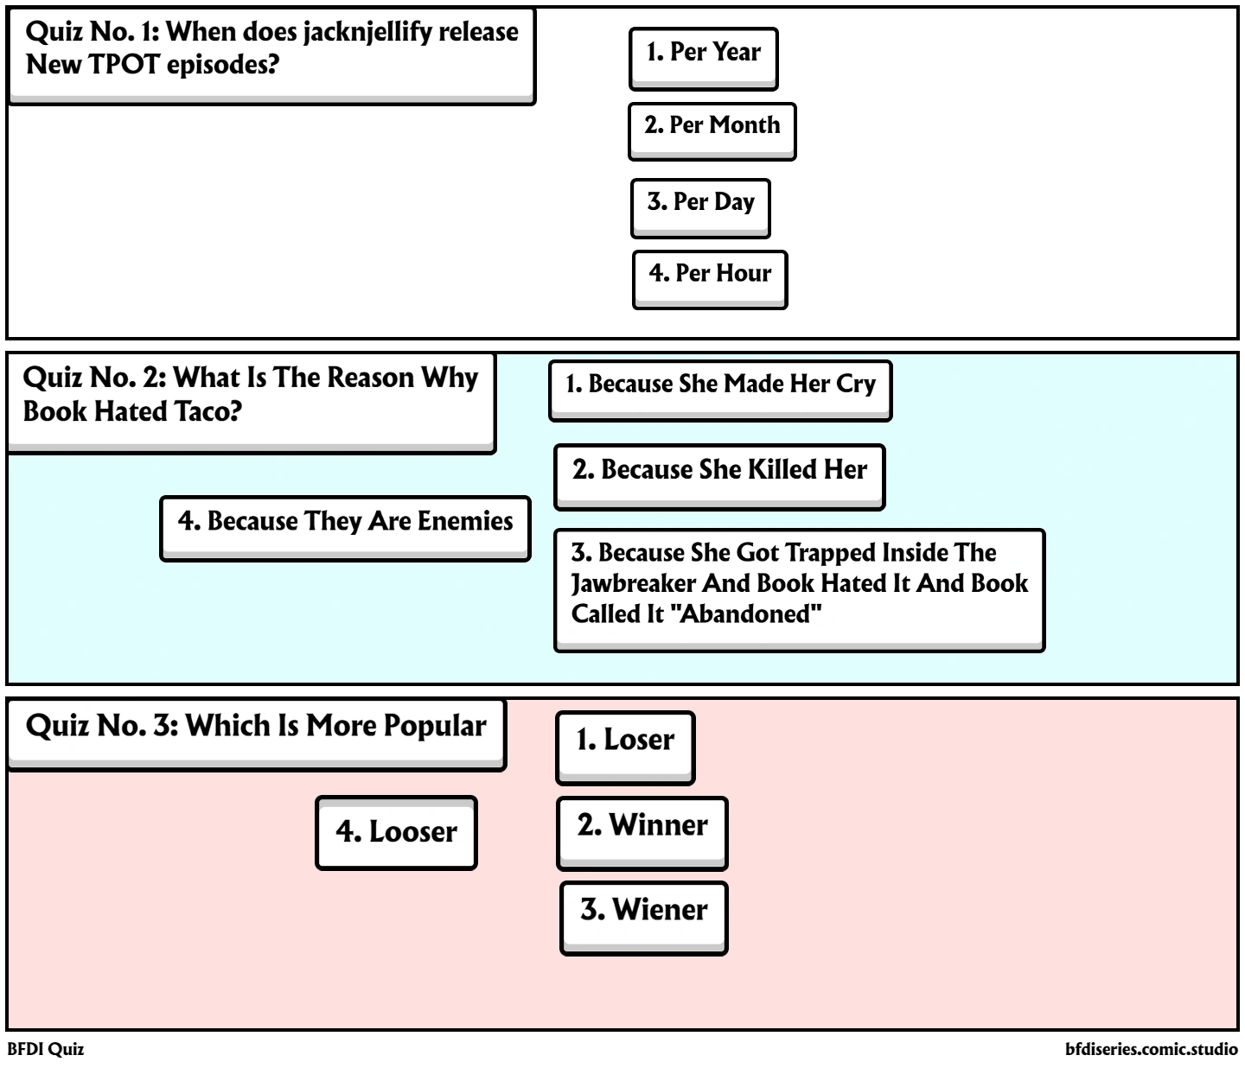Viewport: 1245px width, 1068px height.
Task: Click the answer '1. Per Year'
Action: pos(703,54)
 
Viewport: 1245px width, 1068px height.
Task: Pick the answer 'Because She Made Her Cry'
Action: pos(720,385)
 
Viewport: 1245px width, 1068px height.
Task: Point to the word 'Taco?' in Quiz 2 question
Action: pos(207,411)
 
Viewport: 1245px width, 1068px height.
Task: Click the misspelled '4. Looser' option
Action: pos(396,832)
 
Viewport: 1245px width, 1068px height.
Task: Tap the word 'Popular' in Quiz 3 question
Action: pos(435,726)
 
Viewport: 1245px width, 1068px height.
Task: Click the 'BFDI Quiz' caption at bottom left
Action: pos(46,1050)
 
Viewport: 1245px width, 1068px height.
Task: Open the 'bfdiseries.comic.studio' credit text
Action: pos(1152,1050)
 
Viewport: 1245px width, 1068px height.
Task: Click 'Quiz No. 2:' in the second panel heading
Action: pos(94,378)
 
